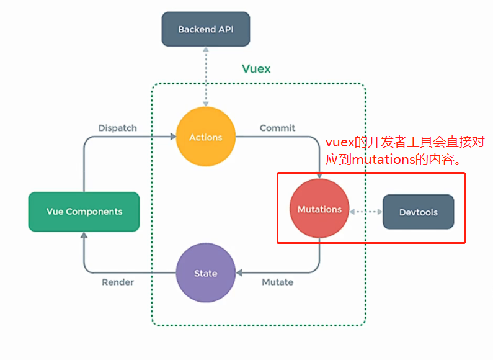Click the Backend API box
[206, 29]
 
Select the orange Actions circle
[206, 137]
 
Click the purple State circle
[206, 273]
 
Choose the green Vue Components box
[84, 212]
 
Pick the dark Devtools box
[418, 212]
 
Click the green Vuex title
[256, 69]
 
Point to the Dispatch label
[117, 128]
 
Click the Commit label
[277, 128]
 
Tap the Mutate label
[277, 282]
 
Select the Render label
[117, 282]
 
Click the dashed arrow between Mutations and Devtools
[366, 212]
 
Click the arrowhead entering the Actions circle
[172, 137]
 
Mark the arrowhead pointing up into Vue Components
[84, 236]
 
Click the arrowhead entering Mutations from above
[319, 176]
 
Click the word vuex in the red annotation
[339, 143]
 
